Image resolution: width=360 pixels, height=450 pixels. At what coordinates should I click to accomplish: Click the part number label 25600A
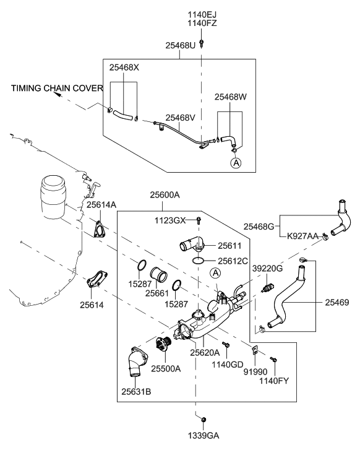[x=165, y=195]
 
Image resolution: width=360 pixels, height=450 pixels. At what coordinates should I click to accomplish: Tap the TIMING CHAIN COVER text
[x=57, y=88]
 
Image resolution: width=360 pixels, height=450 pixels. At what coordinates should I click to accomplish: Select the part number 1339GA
[x=204, y=436]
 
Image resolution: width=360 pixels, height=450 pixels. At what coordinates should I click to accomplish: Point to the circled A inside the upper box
[x=236, y=163]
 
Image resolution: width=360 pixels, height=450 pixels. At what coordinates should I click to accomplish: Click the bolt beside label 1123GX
[x=199, y=221]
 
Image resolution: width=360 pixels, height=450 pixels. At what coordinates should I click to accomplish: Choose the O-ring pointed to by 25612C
[x=198, y=261]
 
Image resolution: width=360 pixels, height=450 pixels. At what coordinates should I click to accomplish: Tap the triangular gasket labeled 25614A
[x=99, y=229]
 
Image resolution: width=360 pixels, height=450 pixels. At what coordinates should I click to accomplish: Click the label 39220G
[x=267, y=269]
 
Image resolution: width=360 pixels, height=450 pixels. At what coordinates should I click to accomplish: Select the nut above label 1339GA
[x=204, y=420]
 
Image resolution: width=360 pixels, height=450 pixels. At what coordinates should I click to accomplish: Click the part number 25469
[x=337, y=303]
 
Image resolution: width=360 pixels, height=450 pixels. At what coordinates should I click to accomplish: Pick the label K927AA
[x=302, y=236]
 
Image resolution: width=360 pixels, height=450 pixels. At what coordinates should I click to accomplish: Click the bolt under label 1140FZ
[x=202, y=43]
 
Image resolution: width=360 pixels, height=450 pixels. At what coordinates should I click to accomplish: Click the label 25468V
[x=181, y=118]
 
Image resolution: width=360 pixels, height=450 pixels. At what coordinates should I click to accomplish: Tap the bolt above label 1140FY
[x=273, y=359]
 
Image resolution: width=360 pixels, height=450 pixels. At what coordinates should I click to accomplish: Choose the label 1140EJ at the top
[x=202, y=14]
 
